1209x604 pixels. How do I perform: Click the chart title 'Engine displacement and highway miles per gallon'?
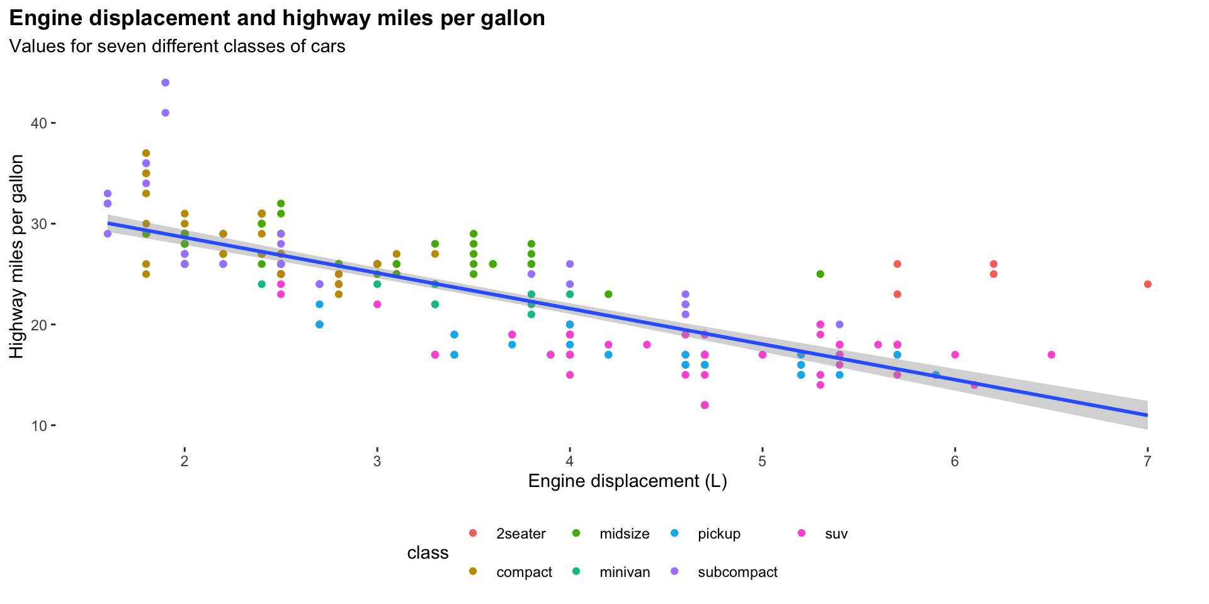pyautogui.click(x=277, y=18)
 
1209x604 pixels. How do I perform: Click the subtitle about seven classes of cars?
pyautogui.click(x=177, y=47)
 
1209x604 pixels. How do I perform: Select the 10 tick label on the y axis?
pyautogui.click(x=39, y=426)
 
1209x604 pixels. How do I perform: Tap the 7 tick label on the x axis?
pyautogui.click(x=1147, y=462)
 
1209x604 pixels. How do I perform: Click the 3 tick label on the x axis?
pyautogui.click(x=377, y=462)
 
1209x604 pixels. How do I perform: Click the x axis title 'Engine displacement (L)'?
pyautogui.click(x=627, y=481)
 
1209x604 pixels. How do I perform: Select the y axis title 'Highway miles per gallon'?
pyautogui.click(x=17, y=257)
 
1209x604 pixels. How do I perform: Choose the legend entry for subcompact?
pyautogui.click(x=737, y=573)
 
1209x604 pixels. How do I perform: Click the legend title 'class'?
pyautogui.click(x=428, y=553)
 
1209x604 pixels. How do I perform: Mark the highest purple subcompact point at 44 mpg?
pyautogui.click(x=166, y=82)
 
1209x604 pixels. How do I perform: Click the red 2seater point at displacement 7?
pyautogui.click(x=1147, y=284)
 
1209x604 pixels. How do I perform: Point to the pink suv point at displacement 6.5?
pyautogui.click(x=1051, y=355)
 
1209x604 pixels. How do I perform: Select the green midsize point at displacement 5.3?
pyautogui.click(x=820, y=274)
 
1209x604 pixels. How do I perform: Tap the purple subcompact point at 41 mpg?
pyautogui.click(x=166, y=113)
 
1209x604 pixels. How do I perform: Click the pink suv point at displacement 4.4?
pyautogui.click(x=647, y=345)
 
